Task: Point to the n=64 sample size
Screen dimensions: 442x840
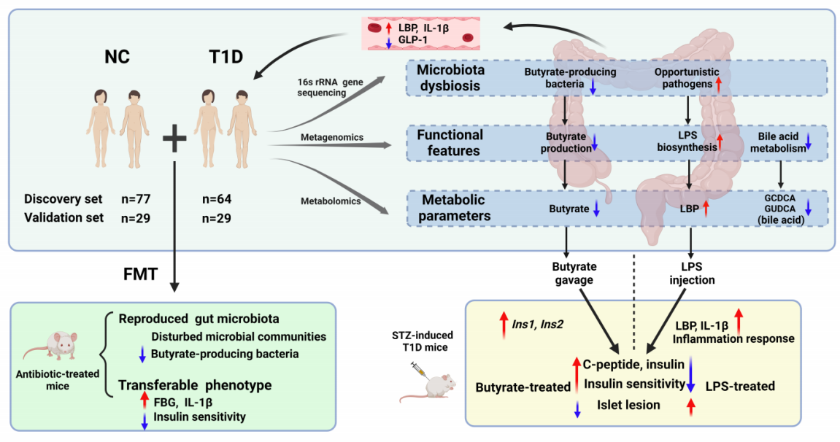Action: [x=222, y=198]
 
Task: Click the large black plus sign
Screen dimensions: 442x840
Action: [x=174, y=137]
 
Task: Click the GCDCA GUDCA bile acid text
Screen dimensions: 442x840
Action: [x=779, y=210]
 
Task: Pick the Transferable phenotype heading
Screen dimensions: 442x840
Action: [x=184, y=384]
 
